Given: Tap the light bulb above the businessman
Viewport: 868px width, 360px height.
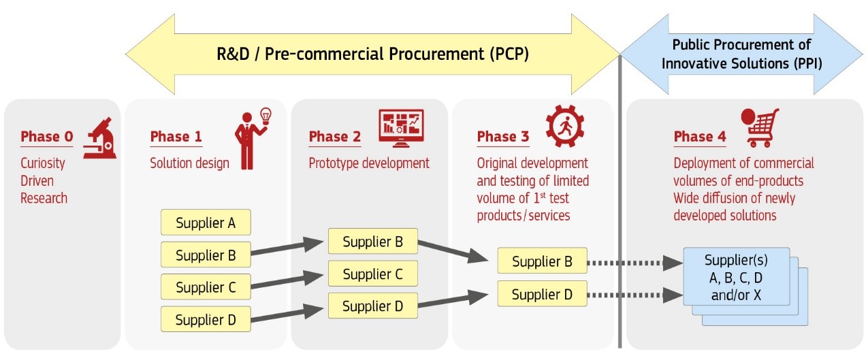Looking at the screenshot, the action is pyautogui.click(x=266, y=116).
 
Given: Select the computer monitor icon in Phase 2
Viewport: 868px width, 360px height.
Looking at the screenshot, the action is pyautogui.click(x=401, y=128).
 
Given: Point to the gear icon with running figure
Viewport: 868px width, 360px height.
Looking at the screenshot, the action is pyautogui.click(x=565, y=126).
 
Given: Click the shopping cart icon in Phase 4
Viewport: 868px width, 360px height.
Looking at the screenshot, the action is pyautogui.click(x=760, y=128).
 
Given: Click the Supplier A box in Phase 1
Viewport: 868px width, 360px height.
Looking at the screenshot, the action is pyautogui.click(x=206, y=223).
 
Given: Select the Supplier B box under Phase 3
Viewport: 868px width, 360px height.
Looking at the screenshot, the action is pyautogui.click(x=542, y=261).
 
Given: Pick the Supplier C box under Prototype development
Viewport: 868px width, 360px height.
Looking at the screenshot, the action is pyautogui.click(x=373, y=274).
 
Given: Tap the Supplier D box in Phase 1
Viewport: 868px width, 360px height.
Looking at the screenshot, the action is pyautogui.click(x=206, y=319).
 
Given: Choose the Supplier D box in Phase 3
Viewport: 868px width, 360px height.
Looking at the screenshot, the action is pyautogui.click(x=542, y=294).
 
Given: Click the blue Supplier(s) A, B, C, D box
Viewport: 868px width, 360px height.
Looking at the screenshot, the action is pyautogui.click(x=736, y=277).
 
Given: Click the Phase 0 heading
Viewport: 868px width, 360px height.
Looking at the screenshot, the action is pyautogui.click(x=47, y=137).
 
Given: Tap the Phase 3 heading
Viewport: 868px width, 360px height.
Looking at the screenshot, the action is pyautogui.click(x=503, y=137).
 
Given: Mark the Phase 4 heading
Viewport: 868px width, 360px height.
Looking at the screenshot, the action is pyautogui.click(x=700, y=137).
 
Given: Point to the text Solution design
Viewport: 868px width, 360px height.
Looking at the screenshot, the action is pyautogui.click(x=189, y=163).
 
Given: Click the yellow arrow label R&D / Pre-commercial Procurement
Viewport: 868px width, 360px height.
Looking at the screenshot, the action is pyautogui.click(x=372, y=54).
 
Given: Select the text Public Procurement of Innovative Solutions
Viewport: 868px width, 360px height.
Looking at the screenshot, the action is pyautogui.click(x=741, y=54).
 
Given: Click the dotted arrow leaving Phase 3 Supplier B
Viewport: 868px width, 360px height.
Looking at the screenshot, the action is pyautogui.click(x=634, y=263).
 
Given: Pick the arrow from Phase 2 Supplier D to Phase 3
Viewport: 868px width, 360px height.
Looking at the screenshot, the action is pyautogui.click(x=453, y=300).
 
